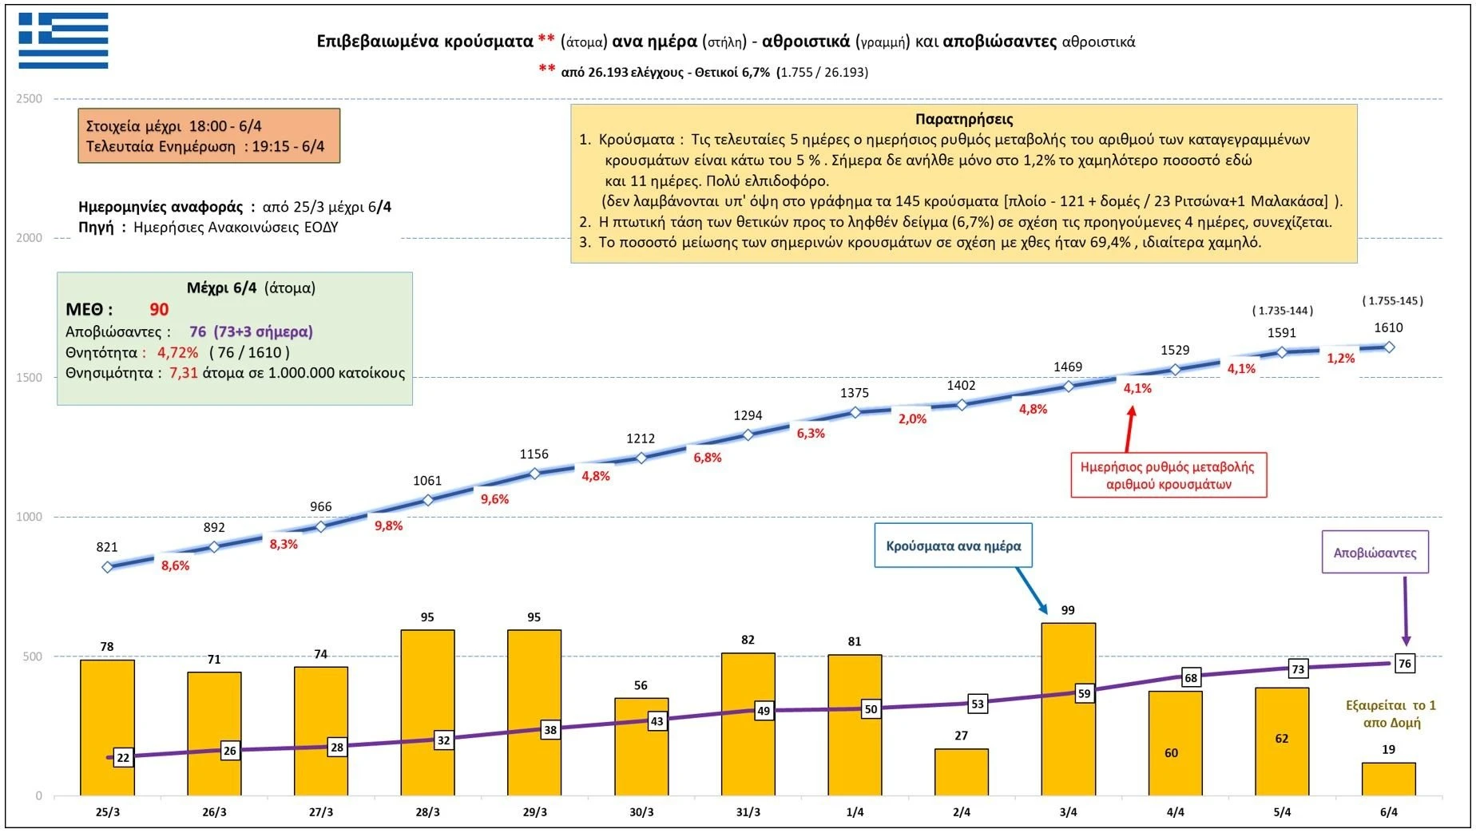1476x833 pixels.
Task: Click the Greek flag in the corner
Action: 64,41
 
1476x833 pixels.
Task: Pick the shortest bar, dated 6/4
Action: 1388,779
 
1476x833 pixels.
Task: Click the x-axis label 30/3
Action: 641,812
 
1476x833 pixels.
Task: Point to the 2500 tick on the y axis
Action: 30,99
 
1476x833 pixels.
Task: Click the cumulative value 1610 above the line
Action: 1388,327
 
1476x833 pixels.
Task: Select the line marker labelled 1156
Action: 534,474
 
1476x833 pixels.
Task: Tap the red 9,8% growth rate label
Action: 389,526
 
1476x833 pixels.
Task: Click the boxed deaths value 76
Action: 1405,663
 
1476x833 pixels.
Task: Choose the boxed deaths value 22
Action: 123,758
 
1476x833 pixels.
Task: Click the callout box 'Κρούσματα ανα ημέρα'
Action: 953,546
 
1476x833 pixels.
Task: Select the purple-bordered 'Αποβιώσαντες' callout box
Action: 1375,553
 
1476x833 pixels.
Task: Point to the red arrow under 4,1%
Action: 1129,429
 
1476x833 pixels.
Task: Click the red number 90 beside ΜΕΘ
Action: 159,310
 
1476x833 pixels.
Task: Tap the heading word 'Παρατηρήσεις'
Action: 964,120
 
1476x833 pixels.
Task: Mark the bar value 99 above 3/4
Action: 1068,610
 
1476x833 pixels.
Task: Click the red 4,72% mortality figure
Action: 177,352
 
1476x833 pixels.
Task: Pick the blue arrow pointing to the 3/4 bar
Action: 1032,591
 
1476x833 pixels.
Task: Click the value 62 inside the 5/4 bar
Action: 1281,739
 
